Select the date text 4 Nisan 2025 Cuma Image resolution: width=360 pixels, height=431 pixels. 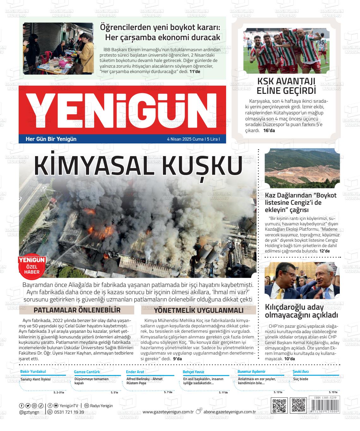coord(185,139)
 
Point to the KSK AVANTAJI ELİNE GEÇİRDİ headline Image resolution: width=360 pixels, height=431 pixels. coord(286,86)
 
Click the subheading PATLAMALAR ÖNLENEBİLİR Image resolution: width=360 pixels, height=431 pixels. coord(77,310)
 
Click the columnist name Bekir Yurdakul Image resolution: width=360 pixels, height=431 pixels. coord(33,371)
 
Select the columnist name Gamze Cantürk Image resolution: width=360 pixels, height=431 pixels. coord(87,372)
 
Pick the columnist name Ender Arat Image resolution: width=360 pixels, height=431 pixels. coord(135,372)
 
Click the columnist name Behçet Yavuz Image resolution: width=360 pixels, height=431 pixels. coord(193,372)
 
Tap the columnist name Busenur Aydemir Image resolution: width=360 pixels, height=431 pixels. coord(251,371)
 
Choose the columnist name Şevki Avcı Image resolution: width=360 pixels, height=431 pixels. coord(301,371)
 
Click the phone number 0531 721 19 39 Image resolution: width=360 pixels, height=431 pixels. coord(69,412)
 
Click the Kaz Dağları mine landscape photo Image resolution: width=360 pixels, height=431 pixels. coord(302,170)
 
